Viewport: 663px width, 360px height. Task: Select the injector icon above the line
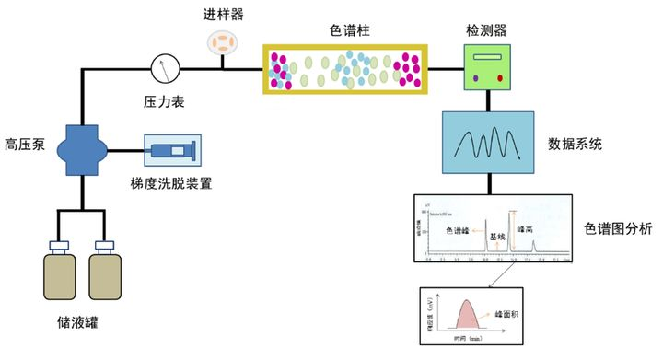(222, 41)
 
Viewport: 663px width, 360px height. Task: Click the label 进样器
(222, 14)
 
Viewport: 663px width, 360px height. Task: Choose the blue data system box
(488, 143)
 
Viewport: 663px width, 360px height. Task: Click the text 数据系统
(575, 144)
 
